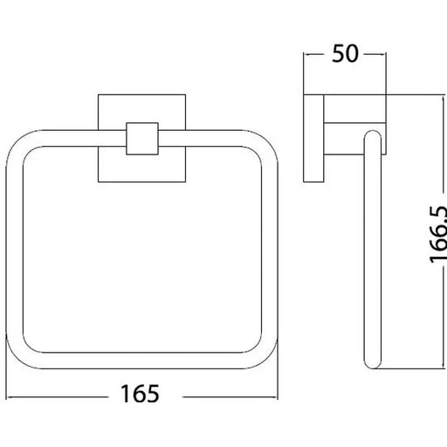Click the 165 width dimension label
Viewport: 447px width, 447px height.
[140, 394]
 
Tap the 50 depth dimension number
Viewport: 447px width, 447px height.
[345, 53]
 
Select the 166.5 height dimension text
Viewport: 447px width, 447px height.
[438, 234]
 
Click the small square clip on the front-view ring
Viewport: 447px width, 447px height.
[142, 139]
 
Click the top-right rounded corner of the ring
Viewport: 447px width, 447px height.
[265, 142]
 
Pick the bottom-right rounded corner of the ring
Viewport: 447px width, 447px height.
[265, 356]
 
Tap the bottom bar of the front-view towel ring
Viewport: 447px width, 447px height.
[142, 361]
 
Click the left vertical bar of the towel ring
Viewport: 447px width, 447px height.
[15, 250]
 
